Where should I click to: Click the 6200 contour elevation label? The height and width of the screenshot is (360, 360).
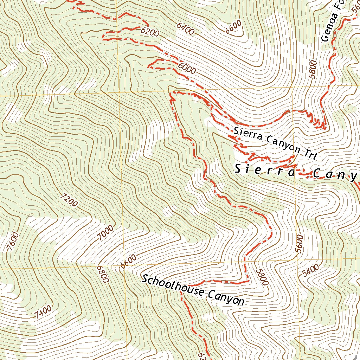150,32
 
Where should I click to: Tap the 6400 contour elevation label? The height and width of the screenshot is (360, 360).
185,29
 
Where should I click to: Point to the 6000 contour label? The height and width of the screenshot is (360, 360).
187,68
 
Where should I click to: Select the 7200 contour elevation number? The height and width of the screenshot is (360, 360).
69,201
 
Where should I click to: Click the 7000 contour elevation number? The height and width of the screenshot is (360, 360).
106,233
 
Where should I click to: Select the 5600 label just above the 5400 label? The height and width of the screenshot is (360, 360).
299,243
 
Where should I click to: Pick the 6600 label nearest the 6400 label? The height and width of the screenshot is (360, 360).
234,27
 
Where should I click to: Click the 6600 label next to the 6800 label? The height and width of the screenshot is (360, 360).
128,262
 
